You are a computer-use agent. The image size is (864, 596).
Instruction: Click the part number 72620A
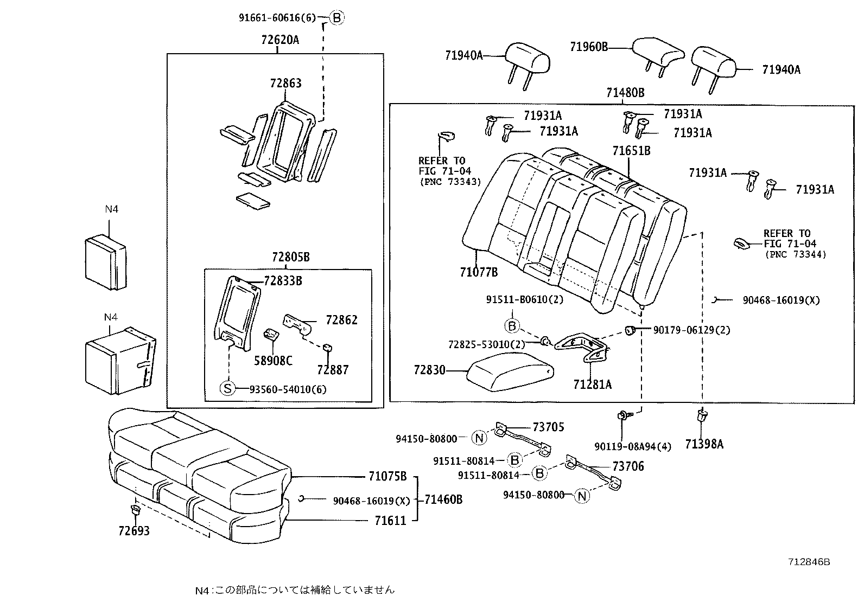click(x=279, y=40)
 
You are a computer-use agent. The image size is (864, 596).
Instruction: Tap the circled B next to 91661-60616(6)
click(x=336, y=18)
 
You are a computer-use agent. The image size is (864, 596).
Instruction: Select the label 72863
click(x=285, y=83)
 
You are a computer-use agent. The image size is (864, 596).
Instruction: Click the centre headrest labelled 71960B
click(x=658, y=52)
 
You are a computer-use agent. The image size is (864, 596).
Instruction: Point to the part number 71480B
click(x=625, y=93)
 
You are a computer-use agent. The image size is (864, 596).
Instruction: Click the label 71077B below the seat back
click(x=478, y=272)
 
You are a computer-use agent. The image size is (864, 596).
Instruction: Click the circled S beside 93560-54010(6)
click(x=228, y=388)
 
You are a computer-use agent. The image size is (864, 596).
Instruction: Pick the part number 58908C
click(x=273, y=361)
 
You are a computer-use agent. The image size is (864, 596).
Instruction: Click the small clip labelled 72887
click(x=328, y=348)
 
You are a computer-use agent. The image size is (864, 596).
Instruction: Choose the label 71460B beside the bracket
click(x=443, y=499)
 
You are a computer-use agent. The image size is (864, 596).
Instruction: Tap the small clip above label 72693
click(x=134, y=510)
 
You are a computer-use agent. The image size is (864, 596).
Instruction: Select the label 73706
click(x=628, y=466)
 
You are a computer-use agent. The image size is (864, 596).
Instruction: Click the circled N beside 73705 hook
click(x=480, y=438)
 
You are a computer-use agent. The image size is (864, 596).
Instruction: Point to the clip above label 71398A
click(x=702, y=416)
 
